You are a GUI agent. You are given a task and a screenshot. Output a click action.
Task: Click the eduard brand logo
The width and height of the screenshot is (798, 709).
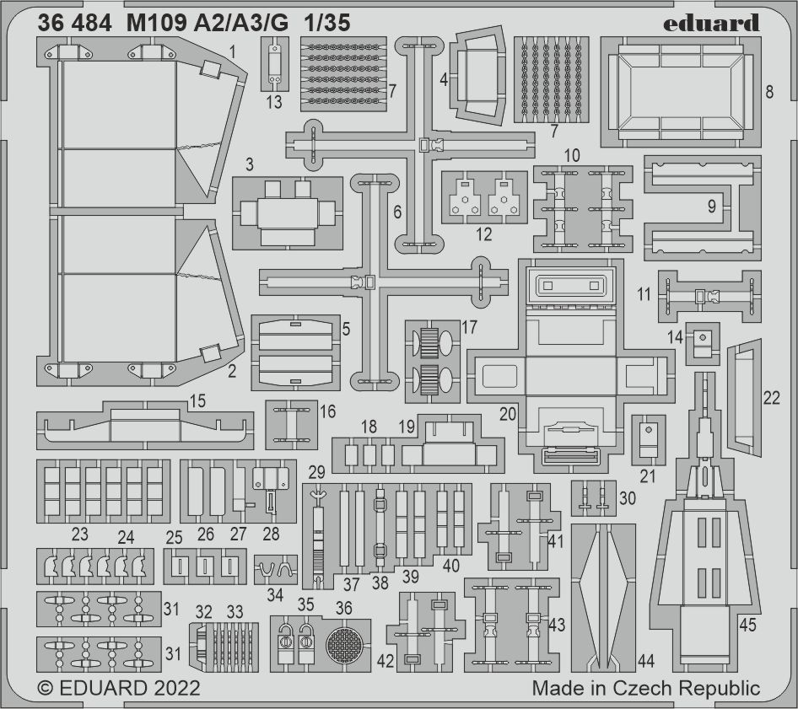click(711, 23)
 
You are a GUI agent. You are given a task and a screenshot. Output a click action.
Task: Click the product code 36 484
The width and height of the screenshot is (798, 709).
click(73, 23)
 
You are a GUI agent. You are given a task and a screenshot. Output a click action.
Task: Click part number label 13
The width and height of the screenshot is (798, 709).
click(274, 102)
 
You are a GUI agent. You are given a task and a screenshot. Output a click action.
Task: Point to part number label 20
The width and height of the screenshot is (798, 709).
click(508, 414)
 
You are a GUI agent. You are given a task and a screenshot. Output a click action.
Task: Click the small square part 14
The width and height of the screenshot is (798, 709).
click(703, 343)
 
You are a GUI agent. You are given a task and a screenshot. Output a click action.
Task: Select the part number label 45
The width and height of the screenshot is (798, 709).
click(747, 625)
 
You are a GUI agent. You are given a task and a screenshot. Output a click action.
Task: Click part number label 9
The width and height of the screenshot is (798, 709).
click(711, 206)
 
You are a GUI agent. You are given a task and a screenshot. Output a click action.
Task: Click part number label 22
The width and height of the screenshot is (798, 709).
click(771, 398)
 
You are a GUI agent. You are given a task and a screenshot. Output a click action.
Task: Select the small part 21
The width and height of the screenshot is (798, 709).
click(649, 440)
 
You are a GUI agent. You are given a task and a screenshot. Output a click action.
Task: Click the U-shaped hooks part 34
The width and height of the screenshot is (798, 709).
click(275, 569)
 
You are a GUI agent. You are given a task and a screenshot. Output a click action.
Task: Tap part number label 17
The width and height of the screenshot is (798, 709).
click(469, 327)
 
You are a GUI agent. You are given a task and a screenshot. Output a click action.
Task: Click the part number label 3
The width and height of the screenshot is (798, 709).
click(250, 164)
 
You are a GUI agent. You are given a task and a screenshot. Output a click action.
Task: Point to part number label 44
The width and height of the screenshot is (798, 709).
click(645, 661)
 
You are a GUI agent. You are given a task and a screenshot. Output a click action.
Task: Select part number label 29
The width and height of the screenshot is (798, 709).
click(316, 472)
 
